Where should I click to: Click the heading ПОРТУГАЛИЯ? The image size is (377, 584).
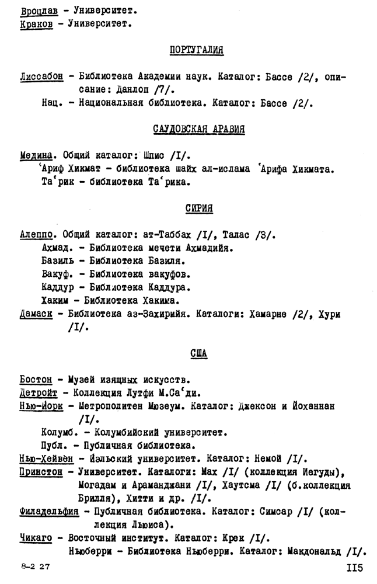click(x=196, y=50)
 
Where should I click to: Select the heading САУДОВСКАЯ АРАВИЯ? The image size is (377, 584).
click(x=198, y=129)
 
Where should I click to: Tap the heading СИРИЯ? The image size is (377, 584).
click(x=198, y=208)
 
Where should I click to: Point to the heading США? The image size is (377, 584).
click(x=198, y=354)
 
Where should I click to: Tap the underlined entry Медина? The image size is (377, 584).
click(x=37, y=155)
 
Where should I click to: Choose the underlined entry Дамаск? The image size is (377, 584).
click(x=36, y=314)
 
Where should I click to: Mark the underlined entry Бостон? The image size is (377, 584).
click(x=36, y=380)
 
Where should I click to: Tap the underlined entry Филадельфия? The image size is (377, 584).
click(x=49, y=512)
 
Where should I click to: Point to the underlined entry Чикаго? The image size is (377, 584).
click(x=36, y=538)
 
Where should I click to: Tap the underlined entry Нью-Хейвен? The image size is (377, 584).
click(x=47, y=459)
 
